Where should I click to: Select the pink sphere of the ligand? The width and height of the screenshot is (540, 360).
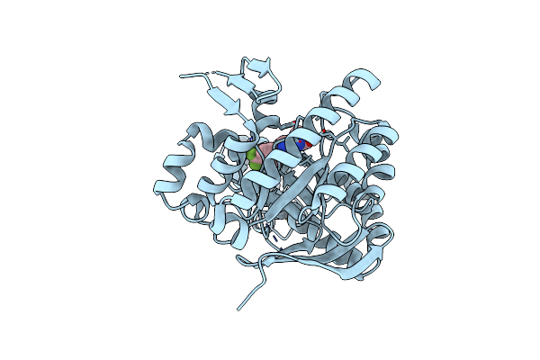[x=268, y=149]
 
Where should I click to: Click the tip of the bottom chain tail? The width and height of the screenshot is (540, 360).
[x=239, y=310]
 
